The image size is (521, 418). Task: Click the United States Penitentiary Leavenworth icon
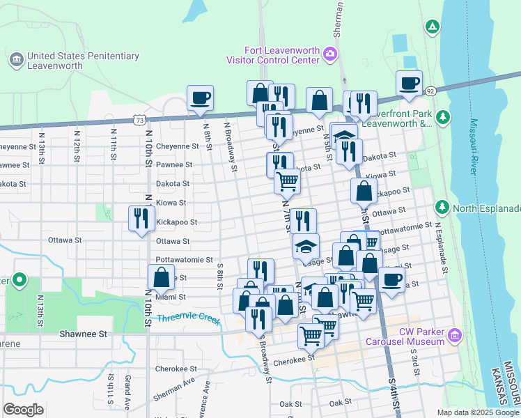point(15,60)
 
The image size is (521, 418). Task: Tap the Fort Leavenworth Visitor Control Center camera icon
point(329,54)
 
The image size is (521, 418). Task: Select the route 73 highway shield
point(141,121)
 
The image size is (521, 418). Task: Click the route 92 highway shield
point(431,91)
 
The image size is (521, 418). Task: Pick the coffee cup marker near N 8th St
point(200,98)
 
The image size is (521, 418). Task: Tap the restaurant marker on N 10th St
point(141,219)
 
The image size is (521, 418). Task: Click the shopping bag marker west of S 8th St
point(161,278)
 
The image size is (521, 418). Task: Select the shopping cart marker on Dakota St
point(287,182)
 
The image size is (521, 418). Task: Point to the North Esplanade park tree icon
point(442,208)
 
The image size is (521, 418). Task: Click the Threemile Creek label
point(188,319)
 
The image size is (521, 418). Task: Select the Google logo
point(23,409)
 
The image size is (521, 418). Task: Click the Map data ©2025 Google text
point(477,412)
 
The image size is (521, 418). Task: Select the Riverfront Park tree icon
point(442,116)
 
